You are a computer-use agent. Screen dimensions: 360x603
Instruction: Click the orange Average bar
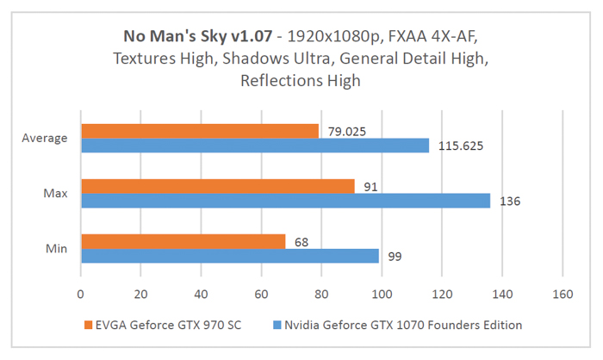[199, 131]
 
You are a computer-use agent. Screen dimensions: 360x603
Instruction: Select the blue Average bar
[254, 146]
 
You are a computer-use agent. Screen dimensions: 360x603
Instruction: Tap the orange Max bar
[217, 186]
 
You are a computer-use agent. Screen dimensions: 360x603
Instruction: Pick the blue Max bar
[285, 201]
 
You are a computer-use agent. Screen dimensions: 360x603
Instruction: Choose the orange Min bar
[183, 241]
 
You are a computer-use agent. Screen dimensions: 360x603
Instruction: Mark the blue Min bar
[229, 256]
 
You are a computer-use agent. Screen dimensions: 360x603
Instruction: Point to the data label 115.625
[461, 146]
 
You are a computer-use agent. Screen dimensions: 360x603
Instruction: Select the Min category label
[56, 249]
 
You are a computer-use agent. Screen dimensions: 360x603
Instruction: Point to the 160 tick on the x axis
[562, 293]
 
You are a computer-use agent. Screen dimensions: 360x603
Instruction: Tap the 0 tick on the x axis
[80, 293]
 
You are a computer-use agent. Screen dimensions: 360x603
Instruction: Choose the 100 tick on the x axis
[382, 293]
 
